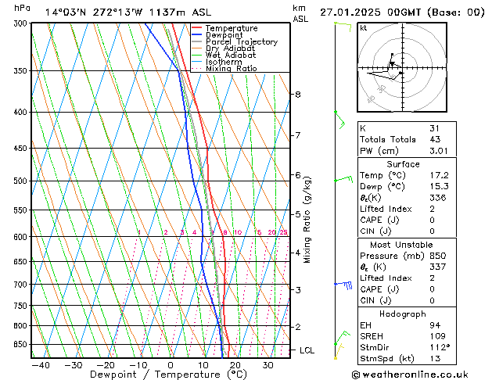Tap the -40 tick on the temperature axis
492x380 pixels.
(x=35, y=365)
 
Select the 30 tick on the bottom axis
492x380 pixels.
(x=268, y=365)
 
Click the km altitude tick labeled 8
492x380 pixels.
(x=297, y=95)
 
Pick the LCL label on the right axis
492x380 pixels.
(x=307, y=350)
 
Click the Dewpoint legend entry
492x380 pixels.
(x=224, y=35)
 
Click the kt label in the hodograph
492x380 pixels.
(x=364, y=27)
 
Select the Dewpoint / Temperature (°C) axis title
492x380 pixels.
(x=159, y=375)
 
